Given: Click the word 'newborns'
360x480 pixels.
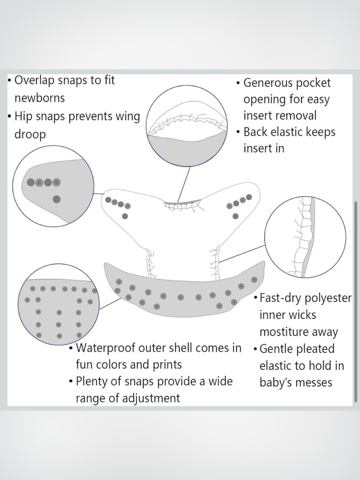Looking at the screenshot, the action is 40,98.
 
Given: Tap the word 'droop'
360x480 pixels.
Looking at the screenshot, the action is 30,134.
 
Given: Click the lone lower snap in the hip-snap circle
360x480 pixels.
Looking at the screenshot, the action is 57,199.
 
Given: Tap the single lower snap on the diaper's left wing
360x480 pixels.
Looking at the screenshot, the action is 125,216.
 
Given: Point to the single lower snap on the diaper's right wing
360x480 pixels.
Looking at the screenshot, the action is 235,216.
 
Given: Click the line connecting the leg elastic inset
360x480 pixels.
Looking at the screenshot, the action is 242,254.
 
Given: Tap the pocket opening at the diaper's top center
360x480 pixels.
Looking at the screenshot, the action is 182,203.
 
